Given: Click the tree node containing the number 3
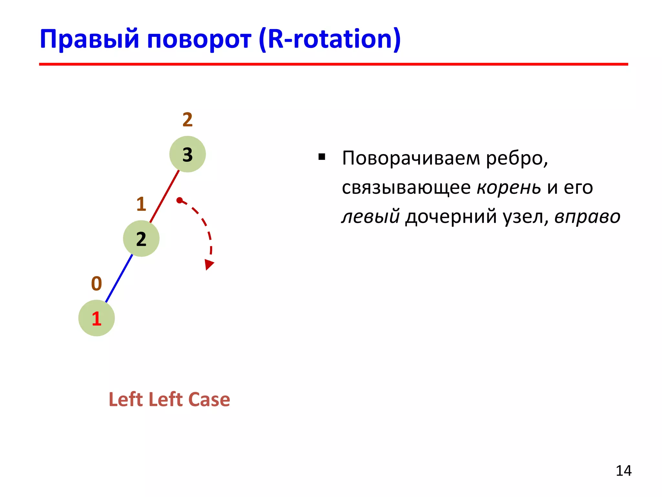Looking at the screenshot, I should (x=187, y=154).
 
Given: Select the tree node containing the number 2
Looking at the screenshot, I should (x=141, y=239).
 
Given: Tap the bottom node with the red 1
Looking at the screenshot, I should (x=96, y=318).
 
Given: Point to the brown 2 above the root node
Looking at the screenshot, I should (x=187, y=120).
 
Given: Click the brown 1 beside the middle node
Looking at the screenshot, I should (x=141, y=204).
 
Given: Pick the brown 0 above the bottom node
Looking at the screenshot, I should (x=96, y=283).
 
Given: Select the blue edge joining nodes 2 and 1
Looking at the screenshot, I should (x=119, y=279).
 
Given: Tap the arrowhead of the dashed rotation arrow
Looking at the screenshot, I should (x=209, y=264).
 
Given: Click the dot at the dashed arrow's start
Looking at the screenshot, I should (x=179, y=200).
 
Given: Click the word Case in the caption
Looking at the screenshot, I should (x=209, y=399).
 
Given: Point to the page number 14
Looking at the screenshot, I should (x=623, y=471).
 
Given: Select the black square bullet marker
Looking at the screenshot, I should (x=322, y=157).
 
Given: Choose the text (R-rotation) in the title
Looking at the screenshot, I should (x=330, y=39).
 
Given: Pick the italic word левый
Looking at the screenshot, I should (x=371, y=216).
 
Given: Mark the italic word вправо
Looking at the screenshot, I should (x=587, y=216).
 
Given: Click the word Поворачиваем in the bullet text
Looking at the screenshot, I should (x=411, y=158).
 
